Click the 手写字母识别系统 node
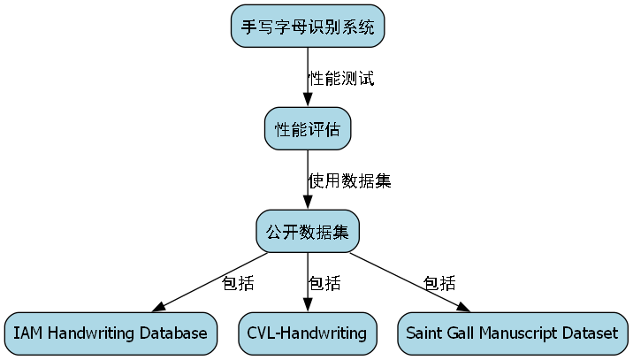click(308, 27)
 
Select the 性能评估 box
click(308, 129)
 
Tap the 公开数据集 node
click(308, 232)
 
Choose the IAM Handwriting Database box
click(111, 333)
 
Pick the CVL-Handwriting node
click(308, 333)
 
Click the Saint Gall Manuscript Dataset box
click(512, 333)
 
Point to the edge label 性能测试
click(341, 79)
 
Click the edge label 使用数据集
click(349, 181)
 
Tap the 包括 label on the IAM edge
click(238, 284)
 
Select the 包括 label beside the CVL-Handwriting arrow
click(324, 284)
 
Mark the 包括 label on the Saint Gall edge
click(439, 284)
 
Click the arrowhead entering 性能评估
click(308, 102)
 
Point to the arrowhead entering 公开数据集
click(308, 204)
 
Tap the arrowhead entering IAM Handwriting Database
click(160, 307)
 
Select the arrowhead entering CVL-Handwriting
click(308, 306)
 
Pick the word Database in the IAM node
click(176, 333)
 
